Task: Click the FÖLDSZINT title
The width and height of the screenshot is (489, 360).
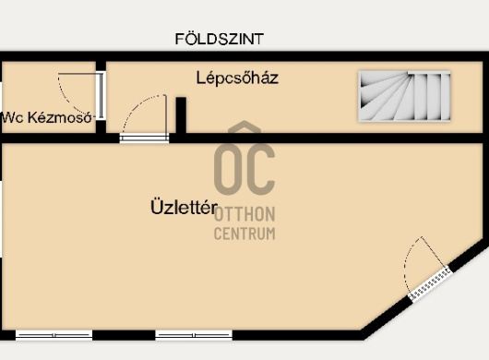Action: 220,39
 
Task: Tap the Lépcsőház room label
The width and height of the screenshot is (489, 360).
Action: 237,78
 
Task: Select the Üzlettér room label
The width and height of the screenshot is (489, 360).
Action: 184,207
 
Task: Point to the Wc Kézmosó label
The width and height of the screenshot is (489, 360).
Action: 47,117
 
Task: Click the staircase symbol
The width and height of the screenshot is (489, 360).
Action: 404,96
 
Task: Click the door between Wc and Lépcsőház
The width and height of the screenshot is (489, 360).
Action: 101,95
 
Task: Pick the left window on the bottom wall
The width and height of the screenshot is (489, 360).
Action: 54,335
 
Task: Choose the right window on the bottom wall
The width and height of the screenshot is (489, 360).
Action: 194,335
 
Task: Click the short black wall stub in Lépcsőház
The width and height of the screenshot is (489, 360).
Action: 181,115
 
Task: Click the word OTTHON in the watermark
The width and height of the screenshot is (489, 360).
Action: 244,214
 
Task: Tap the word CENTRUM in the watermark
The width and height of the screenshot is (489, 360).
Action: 244,234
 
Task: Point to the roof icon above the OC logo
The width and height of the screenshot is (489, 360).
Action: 244,127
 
